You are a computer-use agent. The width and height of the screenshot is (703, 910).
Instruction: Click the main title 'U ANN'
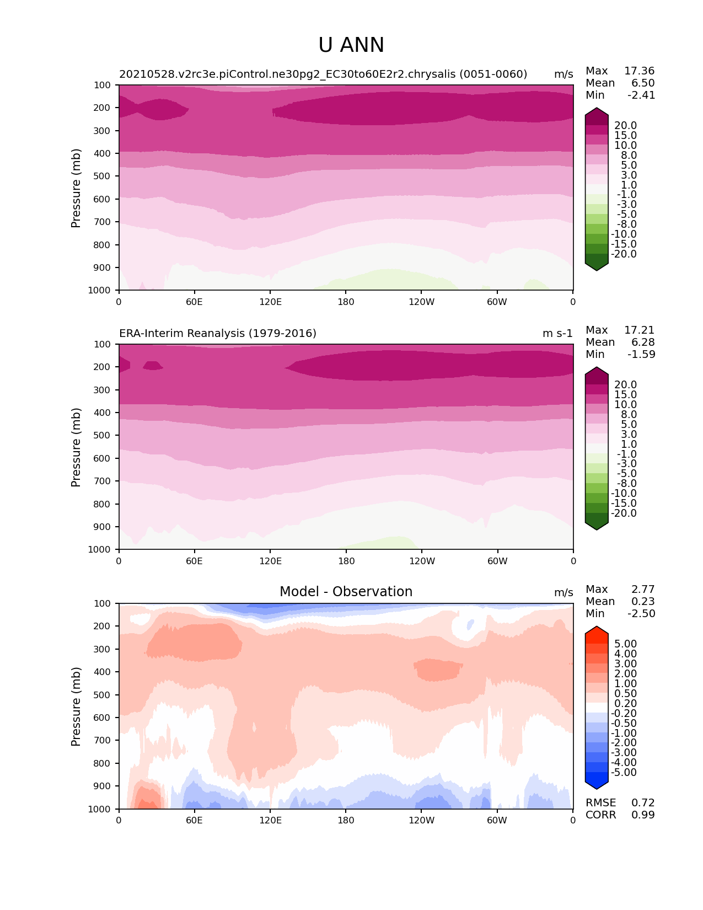click(x=351, y=45)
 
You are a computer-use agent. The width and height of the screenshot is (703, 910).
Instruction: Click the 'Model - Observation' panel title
click(x=346, y=592)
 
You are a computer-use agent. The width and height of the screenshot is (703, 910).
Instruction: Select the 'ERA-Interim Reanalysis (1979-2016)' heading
click(x=218, y=334)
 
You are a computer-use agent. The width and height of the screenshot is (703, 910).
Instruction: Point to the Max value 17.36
click(x=639, y=71)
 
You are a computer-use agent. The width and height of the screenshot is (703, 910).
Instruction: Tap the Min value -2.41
click(x=641, y=95)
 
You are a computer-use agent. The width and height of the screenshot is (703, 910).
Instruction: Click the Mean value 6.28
click(x=643, y=342)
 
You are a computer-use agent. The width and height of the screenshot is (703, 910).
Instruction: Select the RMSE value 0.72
click(x=643, y=803)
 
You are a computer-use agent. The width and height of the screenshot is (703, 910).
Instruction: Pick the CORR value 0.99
click(x=643, y=815)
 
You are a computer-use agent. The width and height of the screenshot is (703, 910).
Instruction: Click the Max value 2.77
click(x=643, y=590)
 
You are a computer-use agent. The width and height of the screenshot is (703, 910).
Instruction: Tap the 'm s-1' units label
click(x=557, y=334)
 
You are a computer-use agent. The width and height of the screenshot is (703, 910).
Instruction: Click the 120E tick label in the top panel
click(x=271, y=302)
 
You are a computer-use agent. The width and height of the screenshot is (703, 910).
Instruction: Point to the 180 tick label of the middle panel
click(x=346, y=561)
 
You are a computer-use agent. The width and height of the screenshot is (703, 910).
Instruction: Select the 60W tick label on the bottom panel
click(x=497, y=821)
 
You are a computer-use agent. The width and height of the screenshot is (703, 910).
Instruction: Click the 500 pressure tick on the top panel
click(x=103, y=176)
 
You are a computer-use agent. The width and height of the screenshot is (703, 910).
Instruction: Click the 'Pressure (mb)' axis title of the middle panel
click(x=76, y=447)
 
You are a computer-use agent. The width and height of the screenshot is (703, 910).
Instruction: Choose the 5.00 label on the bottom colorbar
click(x=625, y=644)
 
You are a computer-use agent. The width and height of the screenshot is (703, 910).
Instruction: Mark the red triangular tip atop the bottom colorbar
click(x=597, y=631)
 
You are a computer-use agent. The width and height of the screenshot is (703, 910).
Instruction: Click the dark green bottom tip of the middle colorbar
click(x=597, y=525)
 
